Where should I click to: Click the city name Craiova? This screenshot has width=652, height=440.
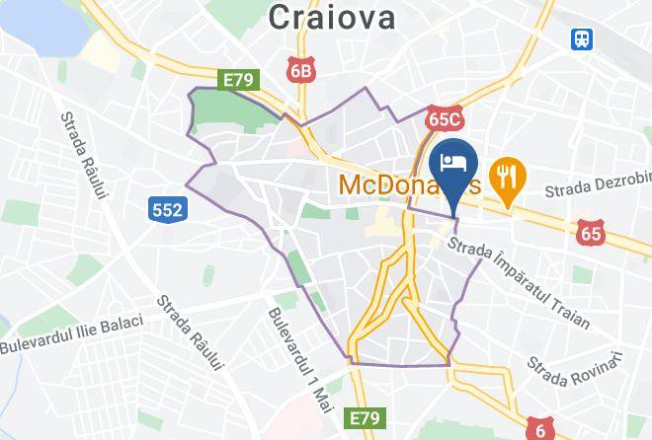pos(331,16)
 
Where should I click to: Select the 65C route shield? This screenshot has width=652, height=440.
pos(446,119)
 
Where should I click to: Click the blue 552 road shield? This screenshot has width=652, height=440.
pos(166,208)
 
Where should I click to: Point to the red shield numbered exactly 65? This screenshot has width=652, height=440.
pos(591,233)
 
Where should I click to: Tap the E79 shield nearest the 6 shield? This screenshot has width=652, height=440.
pos(363,419)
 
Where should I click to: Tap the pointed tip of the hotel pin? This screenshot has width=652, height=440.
pos(454,214)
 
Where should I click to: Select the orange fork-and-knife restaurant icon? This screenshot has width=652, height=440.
pos(508,178)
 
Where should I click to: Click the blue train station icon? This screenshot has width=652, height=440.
pos(582,39)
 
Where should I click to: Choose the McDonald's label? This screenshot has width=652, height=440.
pos(395,184)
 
